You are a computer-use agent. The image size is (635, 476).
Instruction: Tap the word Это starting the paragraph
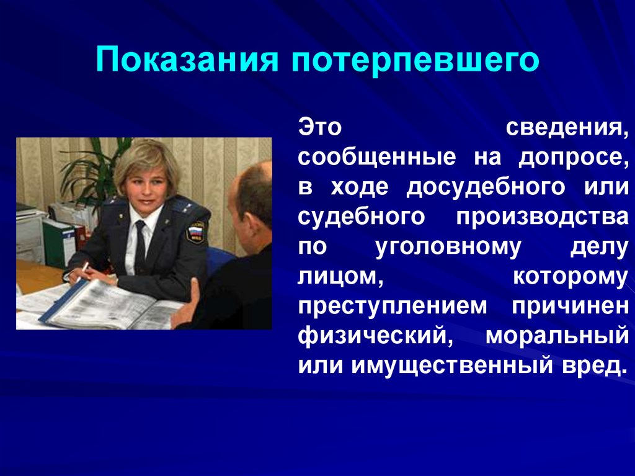[320, 127]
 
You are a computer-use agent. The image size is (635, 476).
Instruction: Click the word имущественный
[452, 366]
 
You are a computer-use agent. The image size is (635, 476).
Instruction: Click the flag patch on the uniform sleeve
[196, 231]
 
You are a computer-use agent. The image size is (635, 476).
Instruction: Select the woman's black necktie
[140, 248]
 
